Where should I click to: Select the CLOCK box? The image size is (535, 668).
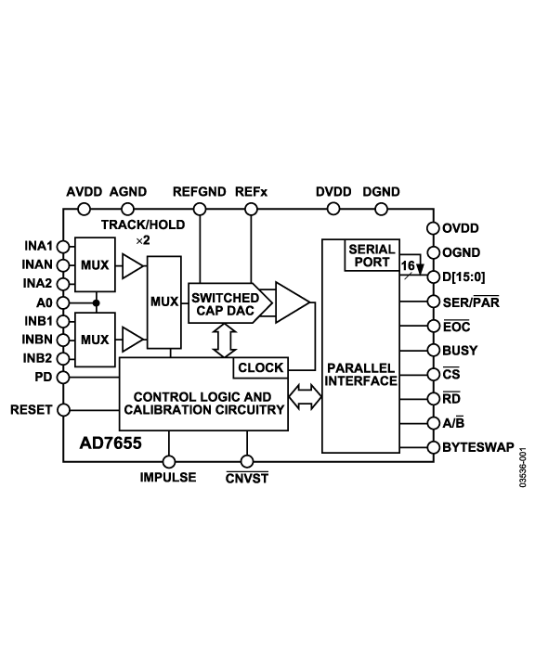tap(261, 367)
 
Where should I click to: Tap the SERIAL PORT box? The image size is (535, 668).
tap(371, 256)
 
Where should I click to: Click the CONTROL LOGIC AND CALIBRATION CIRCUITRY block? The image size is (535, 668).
tap(202, 402)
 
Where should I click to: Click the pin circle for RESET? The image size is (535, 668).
tap(63, 409)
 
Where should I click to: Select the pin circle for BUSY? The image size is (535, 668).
tap(433, 351)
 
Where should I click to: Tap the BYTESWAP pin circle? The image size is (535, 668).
tap(433, 447)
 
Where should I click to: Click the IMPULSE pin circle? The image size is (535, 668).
tap(168, 461)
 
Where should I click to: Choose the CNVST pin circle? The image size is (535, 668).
tap(246, 461)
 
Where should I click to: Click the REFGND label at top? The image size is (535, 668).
tap(199, 192)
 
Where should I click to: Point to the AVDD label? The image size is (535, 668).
tap(85, 192)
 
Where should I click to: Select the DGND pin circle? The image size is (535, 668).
tap(381, 210)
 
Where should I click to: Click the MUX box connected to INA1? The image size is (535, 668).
tap(95, 265)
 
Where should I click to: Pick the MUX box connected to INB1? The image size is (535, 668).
tap(95, 339)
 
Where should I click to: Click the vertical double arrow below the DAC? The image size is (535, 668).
tap(219, 340)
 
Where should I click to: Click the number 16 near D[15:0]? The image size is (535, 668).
tap(407, 265)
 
